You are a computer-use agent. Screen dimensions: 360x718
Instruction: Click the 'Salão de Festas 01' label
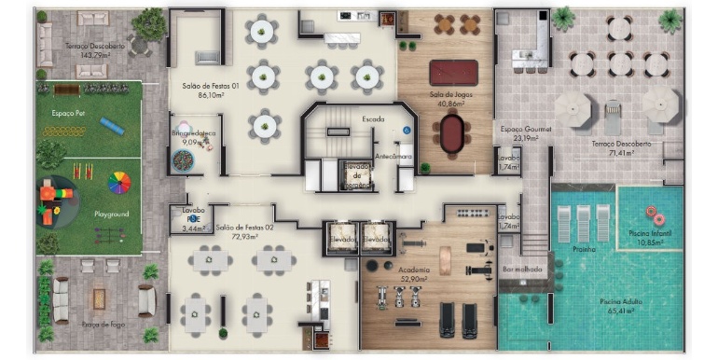212,85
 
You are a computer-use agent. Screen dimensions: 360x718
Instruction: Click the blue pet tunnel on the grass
112,124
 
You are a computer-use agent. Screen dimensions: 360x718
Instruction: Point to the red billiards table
452,72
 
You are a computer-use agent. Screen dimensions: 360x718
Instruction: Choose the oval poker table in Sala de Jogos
452,133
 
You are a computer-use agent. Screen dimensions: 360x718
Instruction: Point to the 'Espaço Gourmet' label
526,129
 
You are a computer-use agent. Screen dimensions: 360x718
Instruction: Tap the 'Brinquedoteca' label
194,133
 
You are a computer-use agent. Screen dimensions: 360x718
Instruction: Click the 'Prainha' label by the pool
586,249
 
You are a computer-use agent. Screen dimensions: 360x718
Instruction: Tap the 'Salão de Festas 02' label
244,227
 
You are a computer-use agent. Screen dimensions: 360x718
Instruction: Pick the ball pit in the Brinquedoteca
184,160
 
